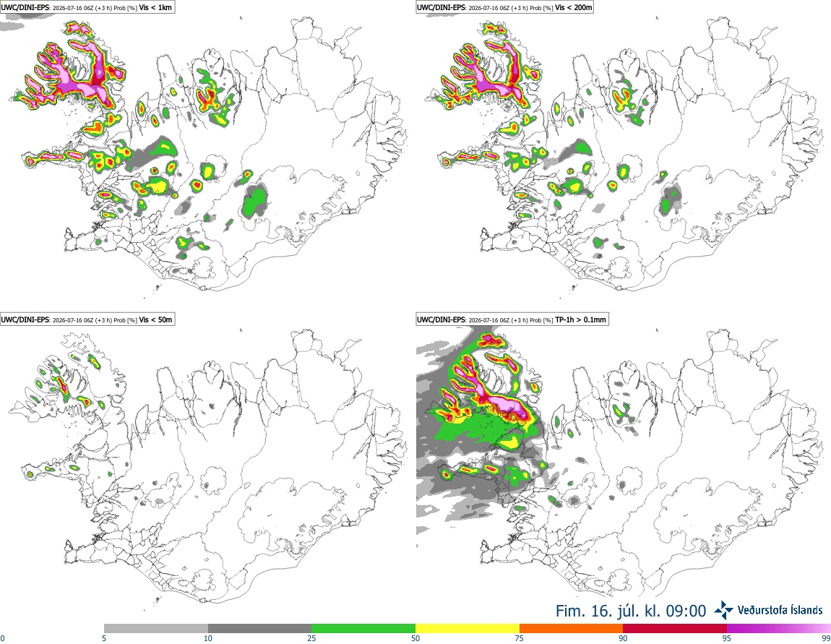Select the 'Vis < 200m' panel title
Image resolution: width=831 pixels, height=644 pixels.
(x=574, y=7)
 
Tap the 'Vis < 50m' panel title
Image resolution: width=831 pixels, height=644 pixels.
(x=156, y=319)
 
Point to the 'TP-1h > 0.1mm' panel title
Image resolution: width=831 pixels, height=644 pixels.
(x=580, y=319)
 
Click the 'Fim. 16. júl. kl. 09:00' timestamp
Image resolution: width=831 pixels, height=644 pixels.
(x=631, y=611)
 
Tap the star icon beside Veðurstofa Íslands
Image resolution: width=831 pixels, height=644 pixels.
(x=724, y=610)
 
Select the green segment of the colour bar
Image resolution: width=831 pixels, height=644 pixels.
(x=363, y=629)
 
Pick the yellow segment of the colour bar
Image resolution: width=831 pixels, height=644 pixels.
(x=468, y=629)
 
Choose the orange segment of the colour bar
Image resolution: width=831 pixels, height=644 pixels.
(x=572, y=629)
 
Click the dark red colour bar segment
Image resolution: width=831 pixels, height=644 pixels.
(x=675, y=629)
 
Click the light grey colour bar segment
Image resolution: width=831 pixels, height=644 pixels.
(x=156, y=629)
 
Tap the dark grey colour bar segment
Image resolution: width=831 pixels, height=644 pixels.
(x=259, y=629)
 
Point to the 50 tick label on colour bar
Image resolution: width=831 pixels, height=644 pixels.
(x=415, y=639)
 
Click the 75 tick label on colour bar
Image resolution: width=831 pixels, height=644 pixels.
(x=520, y=639)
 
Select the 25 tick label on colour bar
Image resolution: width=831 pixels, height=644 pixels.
(x=311, y=639)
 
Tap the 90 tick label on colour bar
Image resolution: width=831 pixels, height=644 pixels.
(x=623, y=639)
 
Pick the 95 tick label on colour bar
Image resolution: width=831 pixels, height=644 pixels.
(x=727, y=639)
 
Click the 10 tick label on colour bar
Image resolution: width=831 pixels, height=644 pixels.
(x=208, y=639)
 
